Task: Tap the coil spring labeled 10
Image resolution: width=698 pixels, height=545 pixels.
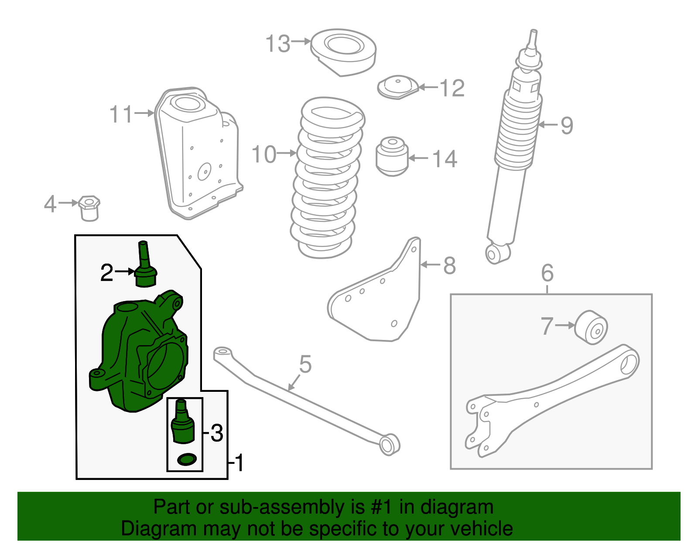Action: pyautogui.click(x=327, y=178)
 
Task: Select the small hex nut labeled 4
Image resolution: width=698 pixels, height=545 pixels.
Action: pyautogui.click(x=89, y=208)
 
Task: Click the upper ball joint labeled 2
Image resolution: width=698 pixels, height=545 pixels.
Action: pyautogui.click(x=146, y=264)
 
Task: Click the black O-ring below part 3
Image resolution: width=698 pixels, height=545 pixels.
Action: pyautogui.click(x=187, y=459)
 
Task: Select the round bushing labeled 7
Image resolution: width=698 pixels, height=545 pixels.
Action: pyautogui.click(x=591, y=328)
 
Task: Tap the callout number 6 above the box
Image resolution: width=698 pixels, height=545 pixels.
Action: pyautogui.click(x=547, y=273)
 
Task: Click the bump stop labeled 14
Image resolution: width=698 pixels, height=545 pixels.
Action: pyautogui.click(x=392, y=156)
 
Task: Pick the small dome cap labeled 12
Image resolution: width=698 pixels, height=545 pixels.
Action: pyautogui.click(x=398, y=87)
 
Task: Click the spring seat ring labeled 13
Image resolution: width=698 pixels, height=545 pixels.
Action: pyautogui.click(x=343, y=53)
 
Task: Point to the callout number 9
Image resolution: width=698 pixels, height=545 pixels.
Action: pyautogui.click(x=567, y=126)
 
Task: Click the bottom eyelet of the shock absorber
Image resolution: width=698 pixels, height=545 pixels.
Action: pyautogui.click(x=497, y=254)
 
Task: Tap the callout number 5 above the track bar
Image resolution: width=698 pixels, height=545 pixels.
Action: pyautogui.click(x=305, y=364)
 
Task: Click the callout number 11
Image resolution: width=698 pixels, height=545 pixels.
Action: pyautogui.click(x=121, y=114)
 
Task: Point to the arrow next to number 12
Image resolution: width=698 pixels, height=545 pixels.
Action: pyautogui.click(x=428, y=87)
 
